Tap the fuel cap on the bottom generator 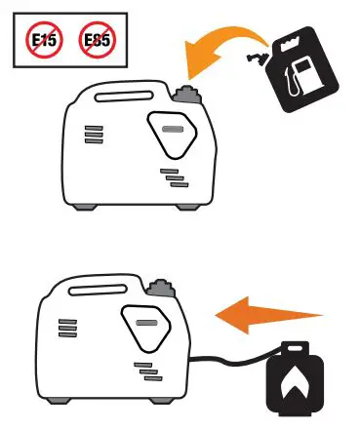(x=161, y=287)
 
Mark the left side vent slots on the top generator (x=94, y=134)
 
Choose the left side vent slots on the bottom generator (x=67, y=327)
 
